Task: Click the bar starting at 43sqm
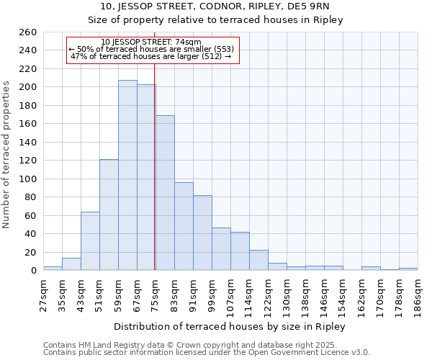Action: [x=90, y=241]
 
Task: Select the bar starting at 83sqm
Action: [x=184, y=226]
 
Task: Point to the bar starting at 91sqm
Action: [x=202, y=233]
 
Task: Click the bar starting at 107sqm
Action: [x=240, y=251]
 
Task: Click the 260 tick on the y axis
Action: [x=28, y=32]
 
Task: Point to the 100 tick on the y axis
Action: [x=28, y=179]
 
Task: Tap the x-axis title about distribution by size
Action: [x=230, y=327]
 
